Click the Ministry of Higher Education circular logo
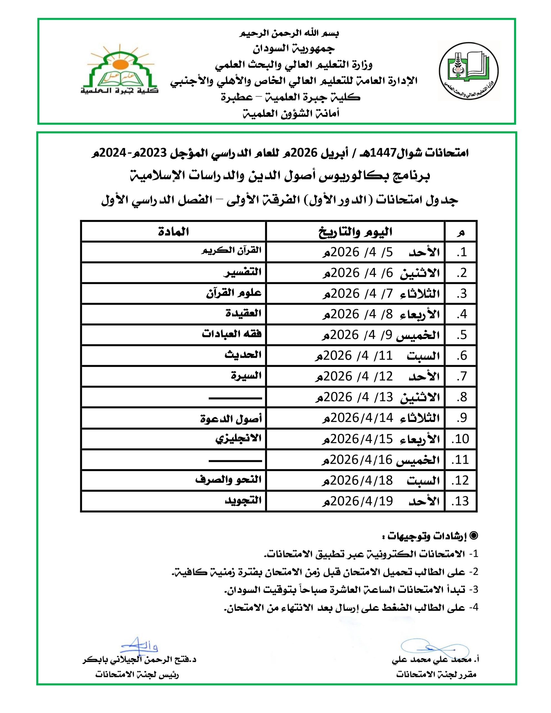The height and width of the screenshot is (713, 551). tap(468, 71)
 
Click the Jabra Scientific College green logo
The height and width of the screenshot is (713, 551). tap(120, 70)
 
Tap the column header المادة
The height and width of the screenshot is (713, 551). tap(174, 232)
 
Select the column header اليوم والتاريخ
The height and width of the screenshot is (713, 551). tap(355, 232)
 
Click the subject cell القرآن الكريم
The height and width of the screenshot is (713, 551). tap(232, 251)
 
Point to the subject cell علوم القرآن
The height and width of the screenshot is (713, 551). tap(234, 293)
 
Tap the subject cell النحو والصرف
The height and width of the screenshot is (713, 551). tap(229, 480)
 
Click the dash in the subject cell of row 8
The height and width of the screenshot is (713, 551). tap(235, 398)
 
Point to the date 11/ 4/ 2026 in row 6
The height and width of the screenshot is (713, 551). tap(354, 355)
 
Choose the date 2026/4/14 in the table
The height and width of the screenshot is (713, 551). tap(362, 418)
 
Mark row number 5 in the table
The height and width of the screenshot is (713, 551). tap(462, 335)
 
